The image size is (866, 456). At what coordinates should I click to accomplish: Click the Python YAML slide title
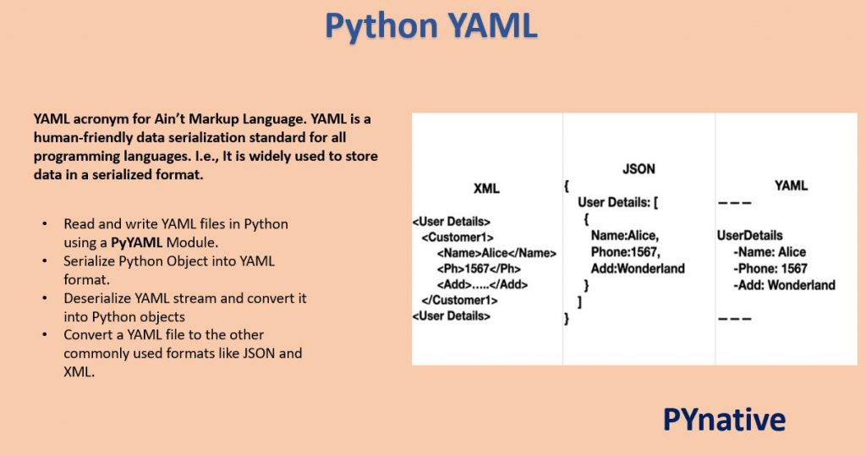coord(431,25)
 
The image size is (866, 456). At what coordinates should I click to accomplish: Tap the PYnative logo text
coord(724,419)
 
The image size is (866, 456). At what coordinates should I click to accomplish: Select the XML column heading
coord(486,189)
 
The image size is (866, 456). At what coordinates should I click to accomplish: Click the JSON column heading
coord(639,169)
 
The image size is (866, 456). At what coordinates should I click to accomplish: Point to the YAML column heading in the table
coord(791,186)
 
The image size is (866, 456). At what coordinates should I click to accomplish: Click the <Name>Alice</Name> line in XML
coord(496,253)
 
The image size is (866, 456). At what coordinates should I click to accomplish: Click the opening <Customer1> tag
coord(458,238)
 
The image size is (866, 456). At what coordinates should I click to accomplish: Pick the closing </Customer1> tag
coord(459,300)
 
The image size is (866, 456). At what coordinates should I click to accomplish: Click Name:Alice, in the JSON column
coord(624,236)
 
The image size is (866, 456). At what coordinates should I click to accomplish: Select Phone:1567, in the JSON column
coord(625,252)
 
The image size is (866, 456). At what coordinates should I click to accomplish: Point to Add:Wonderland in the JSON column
coord(638,268)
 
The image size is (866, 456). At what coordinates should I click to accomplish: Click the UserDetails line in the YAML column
coord(749,235)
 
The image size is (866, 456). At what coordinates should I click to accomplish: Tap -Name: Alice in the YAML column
coord(770,252)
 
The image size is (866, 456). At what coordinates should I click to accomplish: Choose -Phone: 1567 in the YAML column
coord(770,268)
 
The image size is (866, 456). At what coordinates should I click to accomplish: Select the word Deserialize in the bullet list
coord(101,299)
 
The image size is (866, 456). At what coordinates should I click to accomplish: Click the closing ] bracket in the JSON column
coord(579,301)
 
